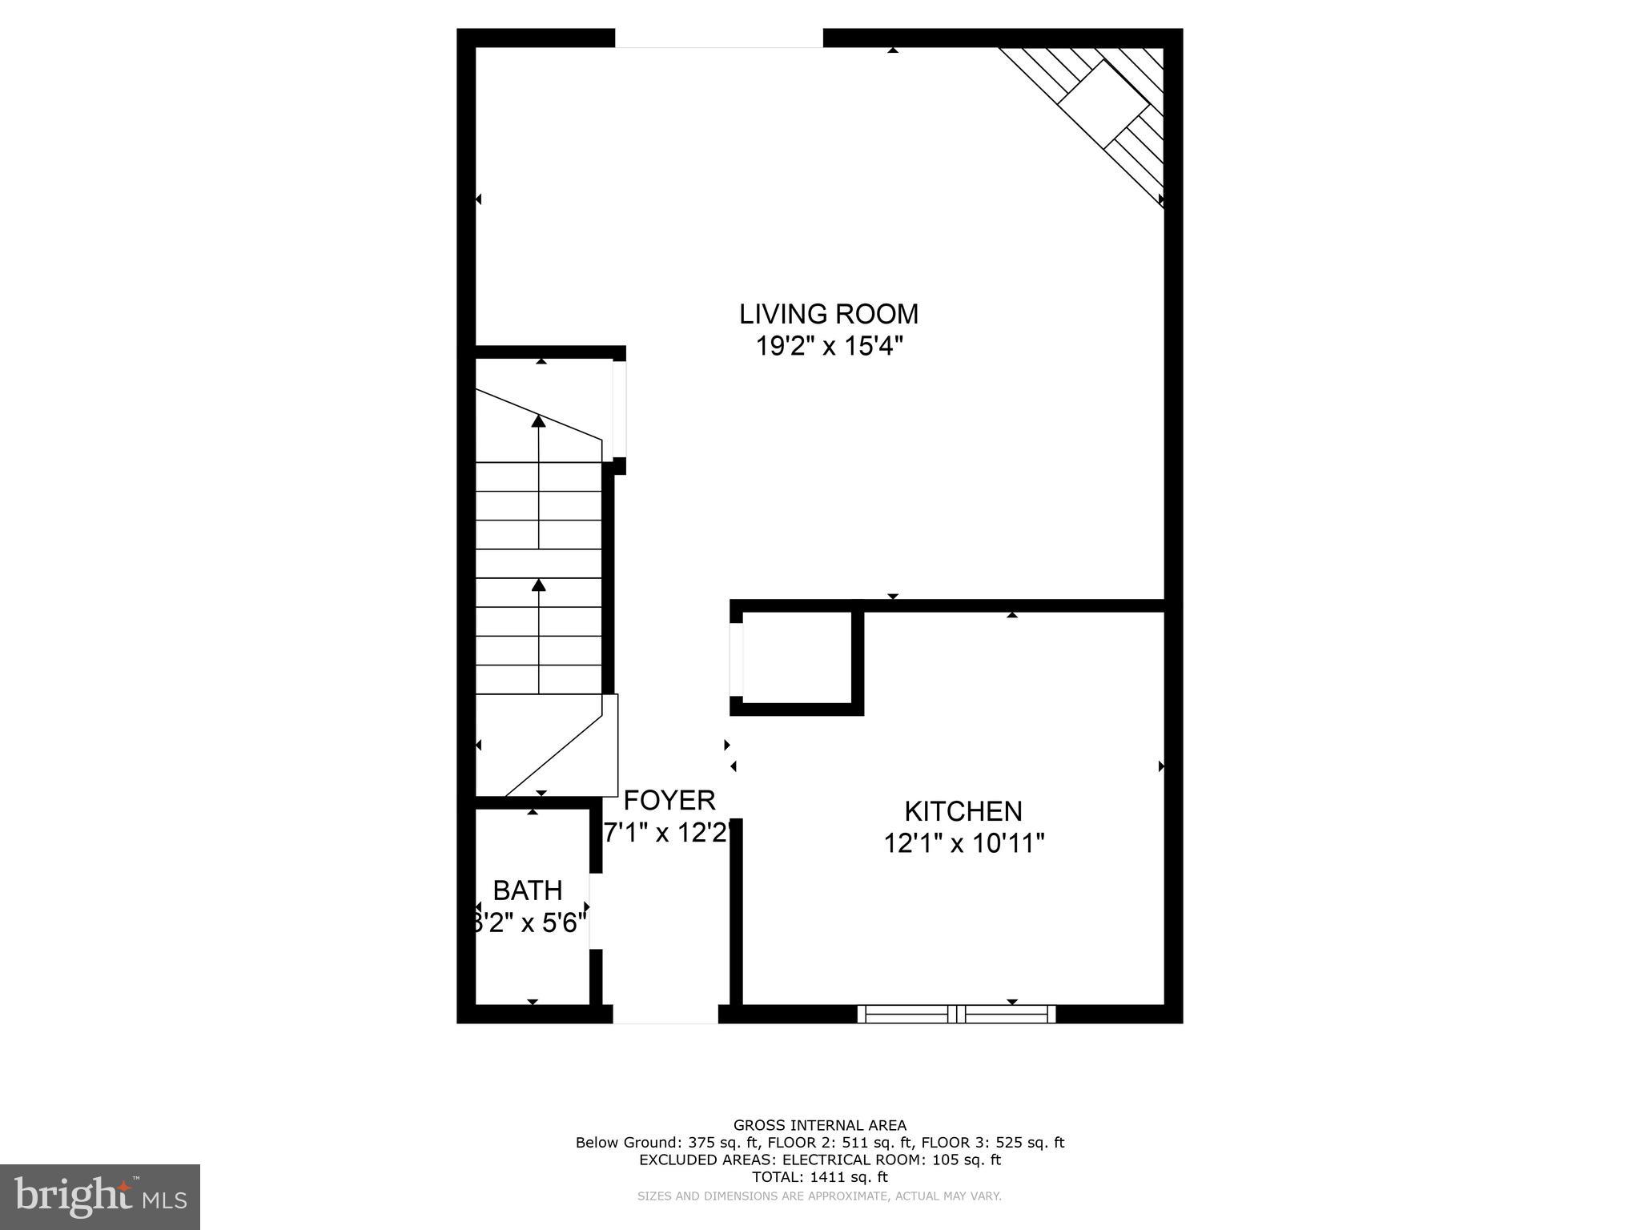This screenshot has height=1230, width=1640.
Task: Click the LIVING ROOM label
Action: (828, 314)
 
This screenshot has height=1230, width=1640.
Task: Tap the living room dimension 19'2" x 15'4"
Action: (829, 347)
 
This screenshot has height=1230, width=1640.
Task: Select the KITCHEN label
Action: (963, 811)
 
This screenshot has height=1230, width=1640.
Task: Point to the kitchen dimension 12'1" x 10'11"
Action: (964, 843)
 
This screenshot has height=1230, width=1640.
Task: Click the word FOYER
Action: (669, 800)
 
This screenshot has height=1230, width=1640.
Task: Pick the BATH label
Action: (527, 890)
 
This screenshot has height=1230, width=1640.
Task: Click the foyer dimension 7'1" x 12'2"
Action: (667, 834)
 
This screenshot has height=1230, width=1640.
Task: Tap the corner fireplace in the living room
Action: (1105, 104)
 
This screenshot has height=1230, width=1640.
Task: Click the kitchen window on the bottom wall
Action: (956, 1014)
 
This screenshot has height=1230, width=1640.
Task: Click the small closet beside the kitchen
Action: (797, 658)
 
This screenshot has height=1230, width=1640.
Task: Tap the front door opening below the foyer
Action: (665, 1014)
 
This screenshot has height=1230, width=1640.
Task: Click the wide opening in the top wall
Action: (718, 38)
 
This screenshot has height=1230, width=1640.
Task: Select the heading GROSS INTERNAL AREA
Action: (820, 1125)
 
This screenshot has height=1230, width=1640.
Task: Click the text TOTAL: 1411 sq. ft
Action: (820, 1177)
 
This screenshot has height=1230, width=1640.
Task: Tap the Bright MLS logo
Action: (100, 1196)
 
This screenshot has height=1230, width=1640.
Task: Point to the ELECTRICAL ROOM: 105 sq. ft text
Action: (891, 1160)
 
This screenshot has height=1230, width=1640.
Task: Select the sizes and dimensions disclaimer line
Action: (819, 1196)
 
